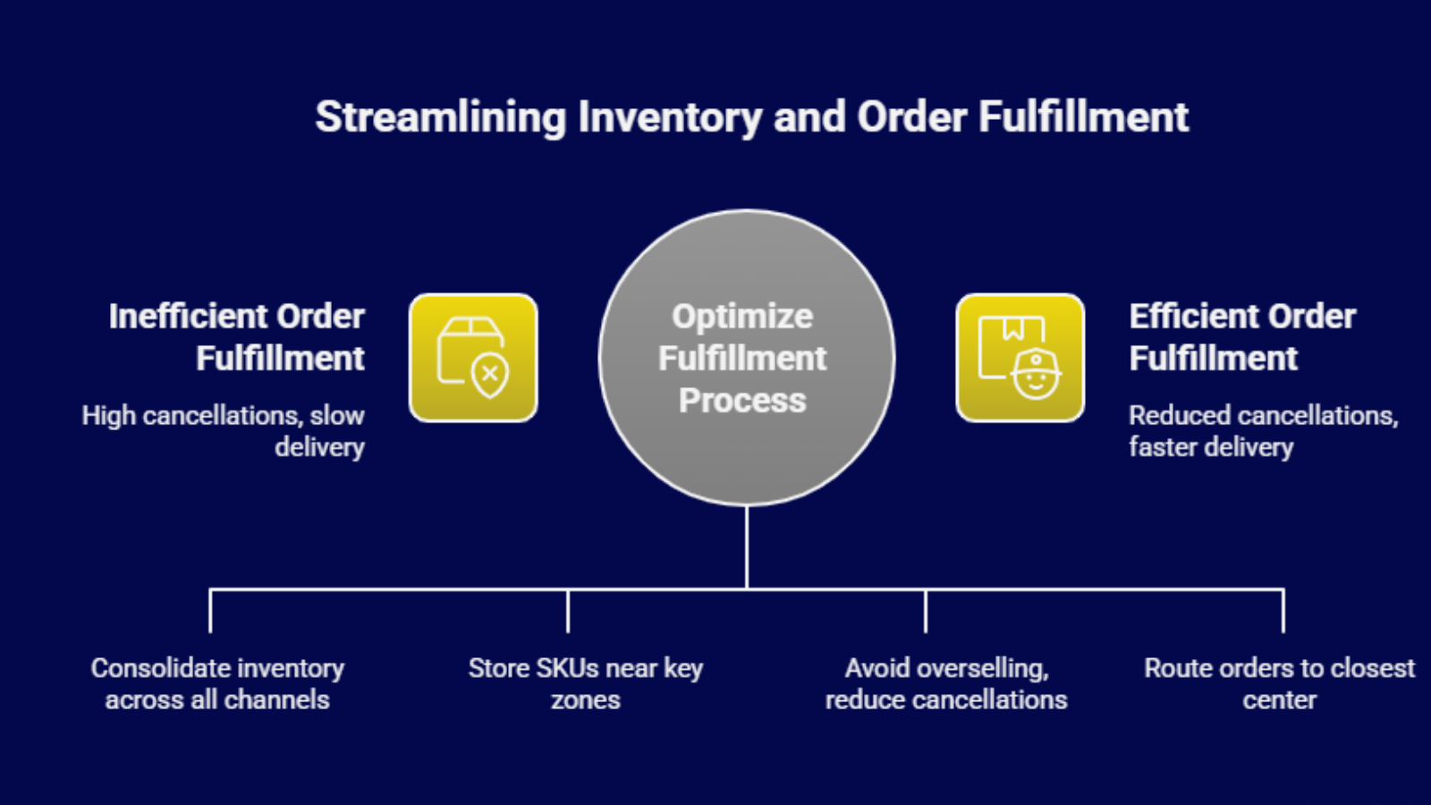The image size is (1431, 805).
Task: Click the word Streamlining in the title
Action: click(441, 118)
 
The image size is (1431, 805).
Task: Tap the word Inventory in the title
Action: click(670, 118)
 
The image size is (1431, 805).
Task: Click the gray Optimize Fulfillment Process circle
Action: click(746, 358)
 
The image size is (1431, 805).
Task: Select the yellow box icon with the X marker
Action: click(473, 358)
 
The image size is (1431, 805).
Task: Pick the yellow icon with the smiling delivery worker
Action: click(1020, 358)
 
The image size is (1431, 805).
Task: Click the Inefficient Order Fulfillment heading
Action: click(236, 336)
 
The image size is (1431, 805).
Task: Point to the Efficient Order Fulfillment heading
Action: click(1242, 336)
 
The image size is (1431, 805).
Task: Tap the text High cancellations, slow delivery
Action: click(223, 431)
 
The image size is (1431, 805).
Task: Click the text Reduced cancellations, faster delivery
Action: click(1264, 431)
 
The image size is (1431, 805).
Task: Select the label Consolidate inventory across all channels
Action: click(217, 683)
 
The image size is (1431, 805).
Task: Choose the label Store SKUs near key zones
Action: click(585, 683)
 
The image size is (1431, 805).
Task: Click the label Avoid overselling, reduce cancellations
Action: click(946, 683)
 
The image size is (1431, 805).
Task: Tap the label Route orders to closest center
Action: click(1279, 683)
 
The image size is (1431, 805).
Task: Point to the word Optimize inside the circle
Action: click(742, 317)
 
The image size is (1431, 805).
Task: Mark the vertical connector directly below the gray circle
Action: click(746, 547)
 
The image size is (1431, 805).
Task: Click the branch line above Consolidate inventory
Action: click(210, 611)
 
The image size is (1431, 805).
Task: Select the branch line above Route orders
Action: click(1283, 611)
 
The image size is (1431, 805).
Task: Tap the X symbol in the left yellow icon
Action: click(490, 374)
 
